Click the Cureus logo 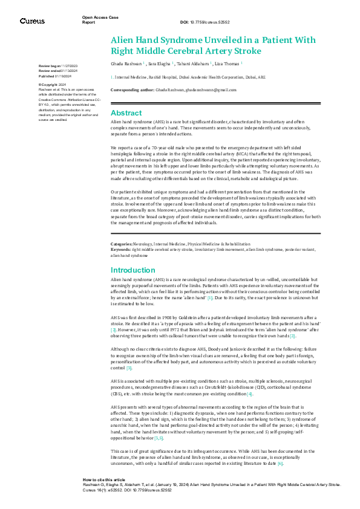31,21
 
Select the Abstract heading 126,113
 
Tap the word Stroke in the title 262,51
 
